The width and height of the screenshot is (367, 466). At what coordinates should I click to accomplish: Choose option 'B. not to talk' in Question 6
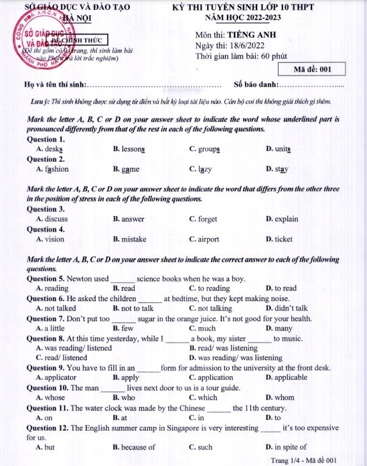[x=133, y=308]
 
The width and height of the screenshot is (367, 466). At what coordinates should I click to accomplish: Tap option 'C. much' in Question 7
[x=202, y=328]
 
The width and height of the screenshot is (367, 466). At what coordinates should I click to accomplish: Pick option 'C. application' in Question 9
[x=211, y=377]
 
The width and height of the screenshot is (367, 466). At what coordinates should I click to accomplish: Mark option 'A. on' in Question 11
[x=45, y=417]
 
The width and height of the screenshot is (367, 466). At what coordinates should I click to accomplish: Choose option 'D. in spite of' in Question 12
[x=287, y=447]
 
